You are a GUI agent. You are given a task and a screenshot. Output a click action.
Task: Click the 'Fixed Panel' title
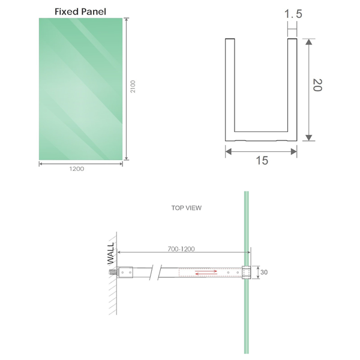pos(80,11)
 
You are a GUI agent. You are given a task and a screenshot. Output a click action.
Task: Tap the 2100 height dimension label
pos(133,88)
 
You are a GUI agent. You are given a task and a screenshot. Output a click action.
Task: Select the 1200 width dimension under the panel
pos(77,169)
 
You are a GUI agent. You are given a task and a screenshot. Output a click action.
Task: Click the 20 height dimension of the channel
pos(317,85)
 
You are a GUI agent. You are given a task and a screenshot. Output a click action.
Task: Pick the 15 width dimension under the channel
pos(262,161)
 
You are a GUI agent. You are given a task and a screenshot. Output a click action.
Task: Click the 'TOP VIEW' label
pos(187,208)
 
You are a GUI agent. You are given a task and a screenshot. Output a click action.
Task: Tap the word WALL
pos(110,254)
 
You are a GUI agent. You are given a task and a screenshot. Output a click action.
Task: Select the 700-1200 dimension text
pos(180,248)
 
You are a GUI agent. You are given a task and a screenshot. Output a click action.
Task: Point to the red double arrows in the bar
pos(206,273)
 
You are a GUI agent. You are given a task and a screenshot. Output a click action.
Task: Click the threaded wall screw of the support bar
pos(112,273)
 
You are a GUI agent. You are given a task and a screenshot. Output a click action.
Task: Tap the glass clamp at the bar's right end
pos(245,273)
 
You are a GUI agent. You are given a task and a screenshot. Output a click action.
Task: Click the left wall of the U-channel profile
pos(229,87)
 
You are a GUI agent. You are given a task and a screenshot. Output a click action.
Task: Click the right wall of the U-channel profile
pos(292,87)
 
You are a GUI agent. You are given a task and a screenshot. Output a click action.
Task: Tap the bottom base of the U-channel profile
pos(261,137)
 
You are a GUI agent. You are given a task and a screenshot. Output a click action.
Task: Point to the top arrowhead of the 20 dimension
pos(309,43)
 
